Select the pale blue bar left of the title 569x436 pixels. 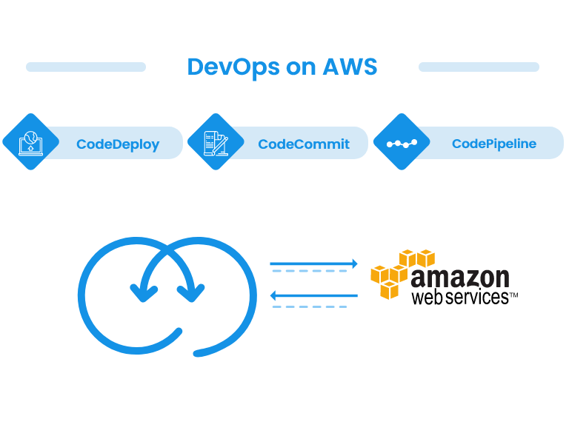[x=86, y=67]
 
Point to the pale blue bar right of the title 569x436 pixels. [x=479, y=67]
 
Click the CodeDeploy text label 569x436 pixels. [x=118, y=144]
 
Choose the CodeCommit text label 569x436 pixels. [x=304, y=144]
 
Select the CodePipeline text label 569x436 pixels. [x=494, y=144]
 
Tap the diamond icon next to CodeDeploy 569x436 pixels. [x=30, y=142]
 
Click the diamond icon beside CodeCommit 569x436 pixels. [x=216, y=142]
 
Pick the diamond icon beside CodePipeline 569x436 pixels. [x=402, y=142]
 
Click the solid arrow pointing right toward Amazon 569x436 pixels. [x=313, y=264]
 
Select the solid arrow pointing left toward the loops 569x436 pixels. [x=313, y=296]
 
